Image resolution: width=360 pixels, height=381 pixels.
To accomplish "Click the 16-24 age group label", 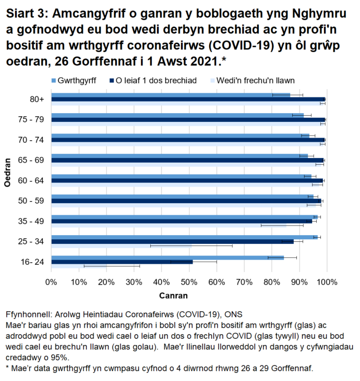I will pos(32,262).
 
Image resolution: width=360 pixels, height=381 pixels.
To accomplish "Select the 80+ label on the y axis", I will pos(37,99).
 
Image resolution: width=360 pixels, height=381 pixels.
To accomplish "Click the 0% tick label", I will pos(51,282).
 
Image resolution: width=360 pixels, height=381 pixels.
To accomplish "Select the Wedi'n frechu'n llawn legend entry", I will pos(256,81).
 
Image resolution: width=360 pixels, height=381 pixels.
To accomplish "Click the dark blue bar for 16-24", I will pos(122,262).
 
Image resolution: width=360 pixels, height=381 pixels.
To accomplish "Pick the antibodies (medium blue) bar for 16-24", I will pos(167,257).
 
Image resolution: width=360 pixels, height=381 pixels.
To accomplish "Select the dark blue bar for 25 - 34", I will pos(172,241).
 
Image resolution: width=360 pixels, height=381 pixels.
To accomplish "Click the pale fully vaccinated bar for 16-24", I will pos(79,266).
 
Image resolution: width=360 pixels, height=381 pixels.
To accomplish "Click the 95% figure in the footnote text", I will pos(64,358).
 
